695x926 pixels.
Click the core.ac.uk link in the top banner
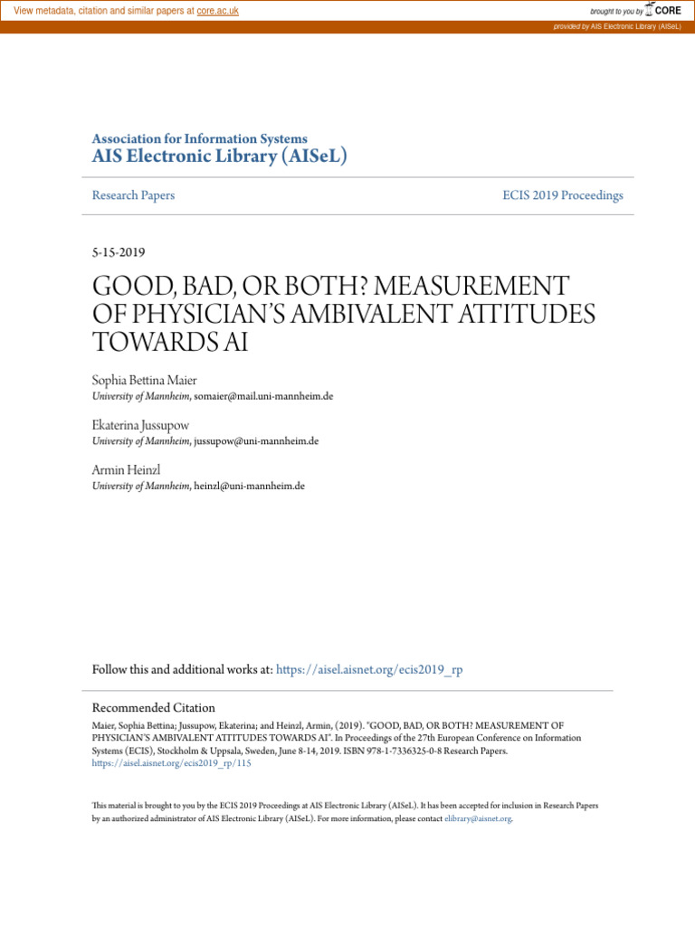point(217,11)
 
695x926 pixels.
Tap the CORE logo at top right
point(663,10)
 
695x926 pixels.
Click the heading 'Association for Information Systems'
point(199,139)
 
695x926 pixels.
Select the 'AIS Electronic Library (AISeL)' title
point(220,156)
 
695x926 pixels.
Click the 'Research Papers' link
point(133,195)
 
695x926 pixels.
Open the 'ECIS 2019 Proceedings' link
point(563,195)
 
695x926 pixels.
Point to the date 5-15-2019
point(119,252)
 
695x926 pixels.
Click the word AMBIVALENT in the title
point(411,314)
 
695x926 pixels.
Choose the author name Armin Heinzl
point(126,470)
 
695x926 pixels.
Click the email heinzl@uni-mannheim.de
point(249,486)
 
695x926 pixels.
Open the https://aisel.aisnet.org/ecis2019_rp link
point(369,670)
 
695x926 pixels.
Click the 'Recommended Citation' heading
point(154,708)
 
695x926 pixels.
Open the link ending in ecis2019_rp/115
point(172,763)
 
